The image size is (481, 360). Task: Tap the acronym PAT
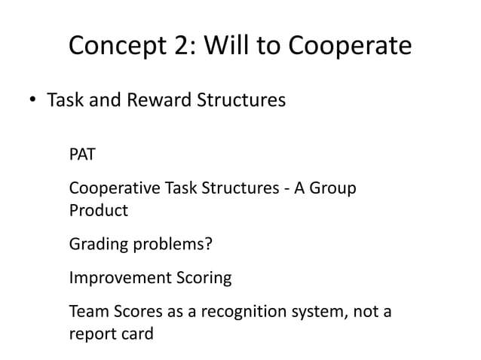83,156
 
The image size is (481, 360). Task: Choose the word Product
98,210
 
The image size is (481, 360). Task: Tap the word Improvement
119,278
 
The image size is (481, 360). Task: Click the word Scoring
203,278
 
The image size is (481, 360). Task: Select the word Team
87,311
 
